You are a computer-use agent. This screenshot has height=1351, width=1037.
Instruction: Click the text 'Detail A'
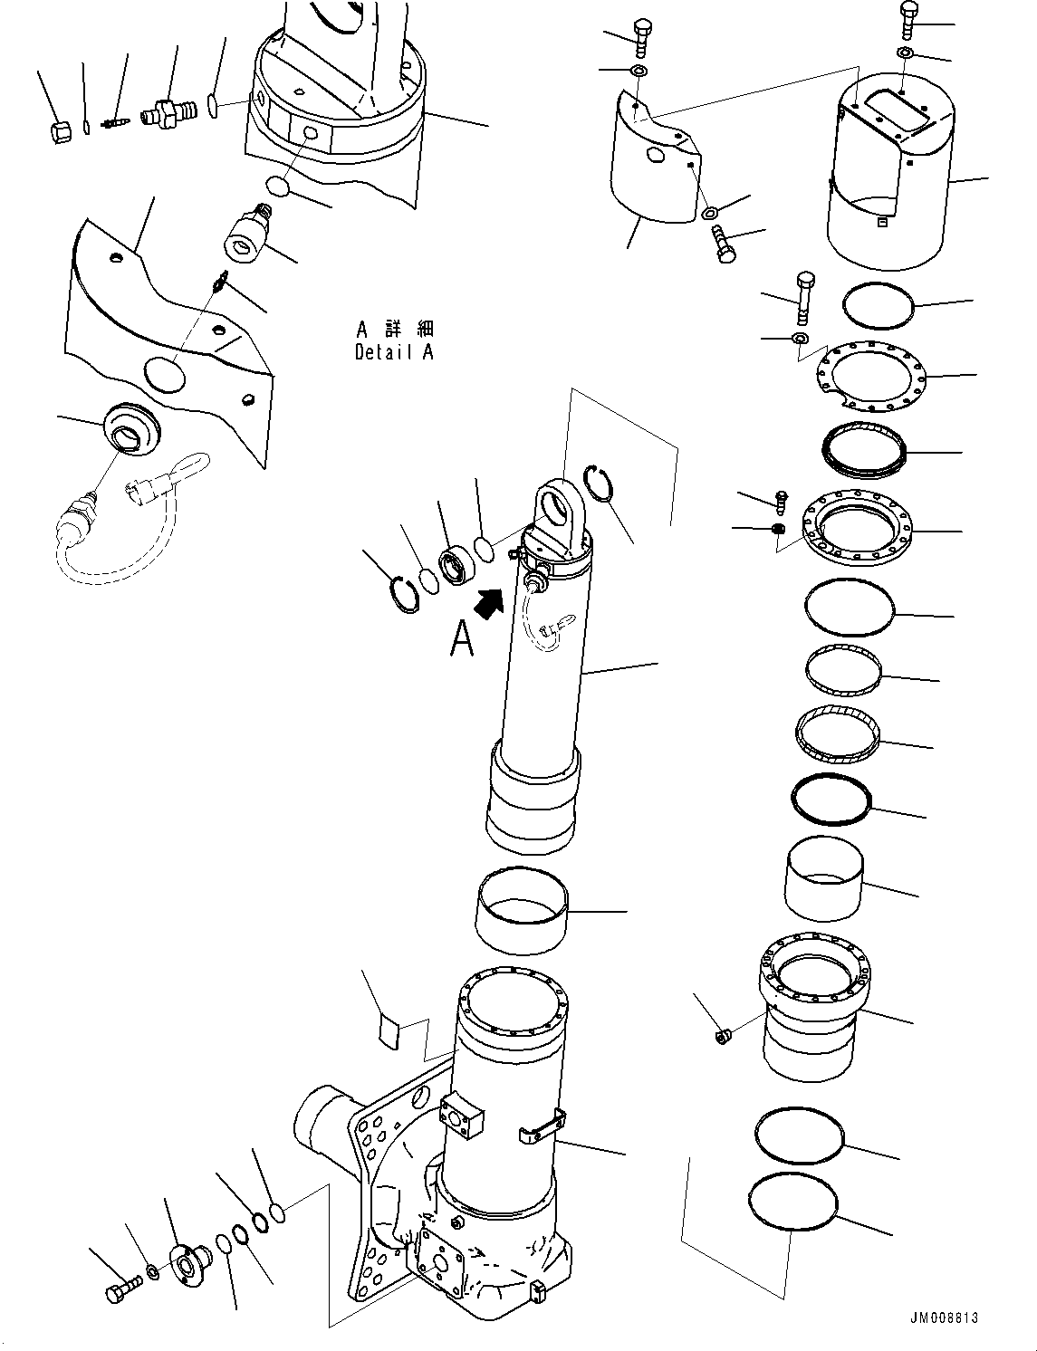[x=394, y=352]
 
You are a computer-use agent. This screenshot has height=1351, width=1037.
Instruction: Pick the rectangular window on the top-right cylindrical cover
[x=891, y=115]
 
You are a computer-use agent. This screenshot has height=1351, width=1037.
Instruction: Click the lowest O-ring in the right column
[x=793, y=1202]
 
